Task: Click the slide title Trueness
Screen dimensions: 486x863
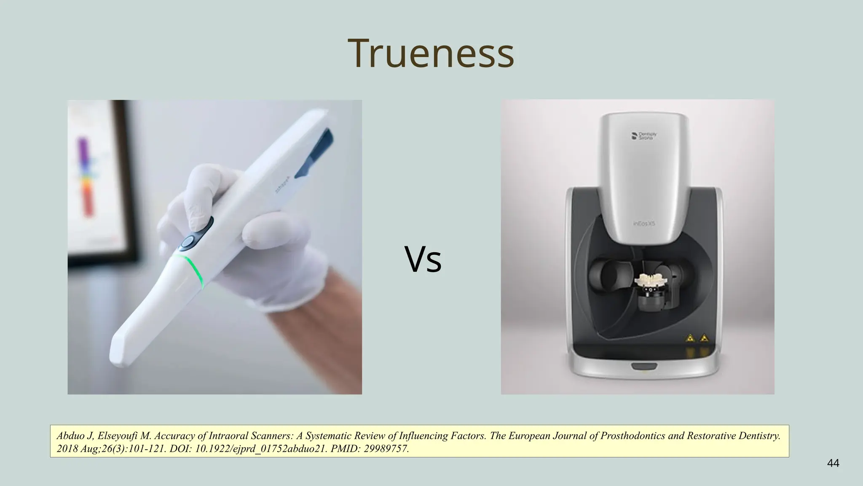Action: click(x=431, y=54)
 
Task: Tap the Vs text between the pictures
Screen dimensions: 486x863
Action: click(x=423, y=259)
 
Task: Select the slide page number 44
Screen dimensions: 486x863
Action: click(x=833, y=463)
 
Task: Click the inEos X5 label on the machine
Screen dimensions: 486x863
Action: click(x=643, y=224)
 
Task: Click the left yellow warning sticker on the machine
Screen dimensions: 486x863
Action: click(x=690, y=338)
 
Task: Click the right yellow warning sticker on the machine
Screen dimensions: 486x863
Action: click(x=704, y=338)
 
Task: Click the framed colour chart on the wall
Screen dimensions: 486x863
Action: click(x=97, y=177)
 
